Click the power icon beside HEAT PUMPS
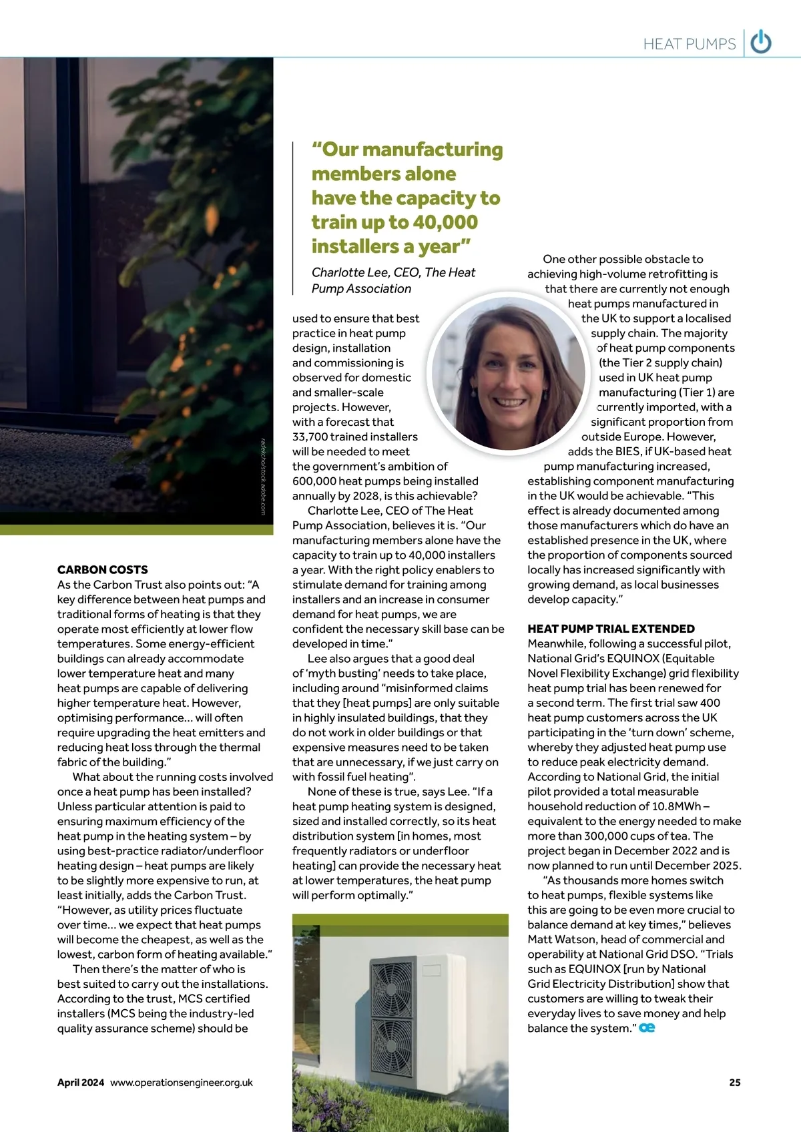761,43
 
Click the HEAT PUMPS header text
689,44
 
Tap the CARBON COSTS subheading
103,569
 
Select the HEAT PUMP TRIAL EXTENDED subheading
611,629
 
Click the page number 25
734,1083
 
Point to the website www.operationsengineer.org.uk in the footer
182,1083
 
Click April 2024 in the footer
81,1083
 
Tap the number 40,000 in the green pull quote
444,222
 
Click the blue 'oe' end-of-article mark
647,1028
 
